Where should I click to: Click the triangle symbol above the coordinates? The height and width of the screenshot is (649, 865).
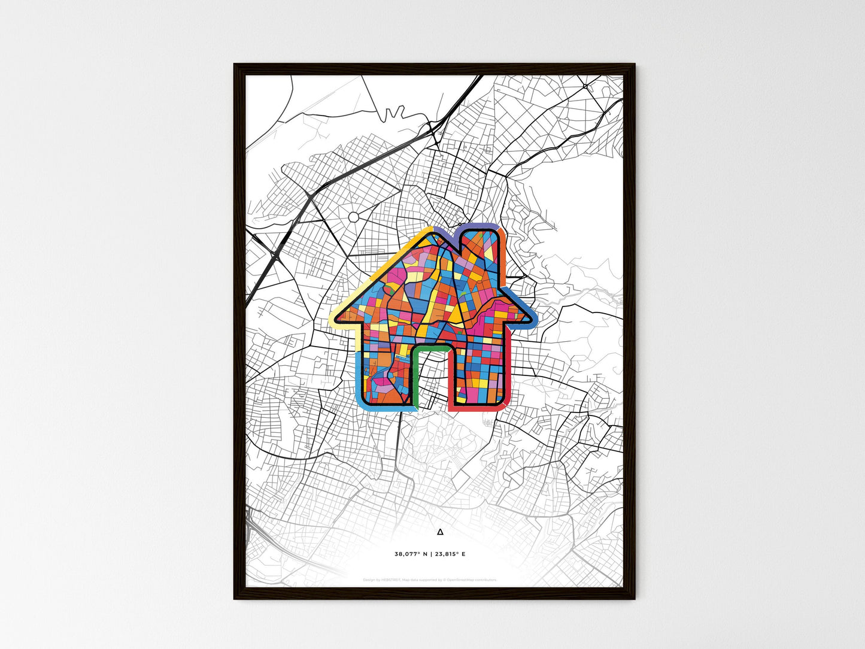[x=441, y=531]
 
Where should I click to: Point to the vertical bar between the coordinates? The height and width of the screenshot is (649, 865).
[x=431, y=554]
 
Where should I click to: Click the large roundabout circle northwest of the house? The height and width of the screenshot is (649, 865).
[x=354, y=217]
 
